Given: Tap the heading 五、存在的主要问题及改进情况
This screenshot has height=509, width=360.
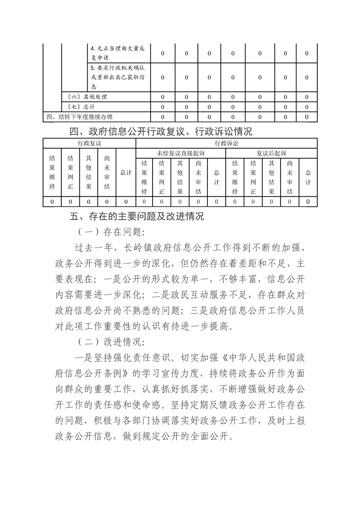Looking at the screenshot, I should [x=137, y=216].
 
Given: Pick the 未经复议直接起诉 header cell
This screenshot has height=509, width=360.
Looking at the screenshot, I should [x=180, y=153].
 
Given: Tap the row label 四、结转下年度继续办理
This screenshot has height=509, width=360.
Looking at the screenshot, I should [x=79, y=117].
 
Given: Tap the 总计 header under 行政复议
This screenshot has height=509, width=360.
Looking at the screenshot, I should [x=126, y=172].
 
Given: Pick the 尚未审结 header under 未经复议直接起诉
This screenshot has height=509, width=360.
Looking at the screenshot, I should [x=198, y=177].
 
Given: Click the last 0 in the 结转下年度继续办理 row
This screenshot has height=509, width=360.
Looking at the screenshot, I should [x=307, y=117].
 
